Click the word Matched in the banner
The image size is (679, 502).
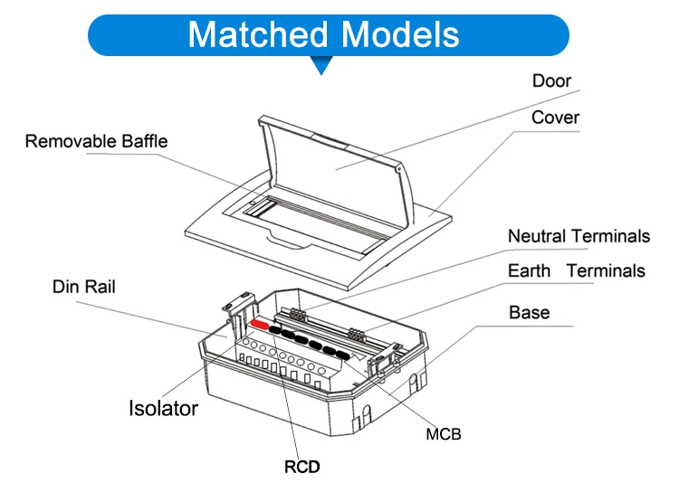click(x=257, y=34)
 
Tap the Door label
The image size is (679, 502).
click(x=551, y=81)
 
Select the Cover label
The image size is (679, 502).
click(x=555, y=118)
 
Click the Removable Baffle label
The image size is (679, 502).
click(x=96, y=141)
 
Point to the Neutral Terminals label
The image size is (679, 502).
click(x=579, y=236)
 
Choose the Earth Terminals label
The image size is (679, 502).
click(x=576, y=270)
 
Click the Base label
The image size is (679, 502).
click(x=530, y=312)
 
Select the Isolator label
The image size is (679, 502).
click(x=162, y=408)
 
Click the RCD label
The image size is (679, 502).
click(x=302, y=467)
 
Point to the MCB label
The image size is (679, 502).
click(x=444, y=434)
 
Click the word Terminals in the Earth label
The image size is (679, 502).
click(x=606, y=270)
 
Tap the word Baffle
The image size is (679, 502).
click(x=143, y=141)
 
